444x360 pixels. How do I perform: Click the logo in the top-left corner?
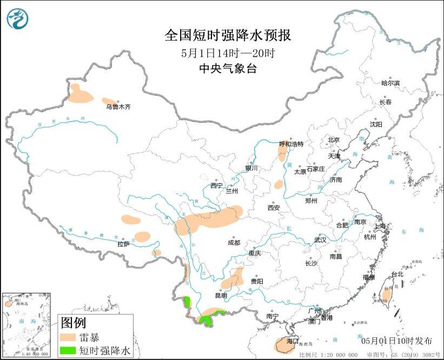(x=17, y=19)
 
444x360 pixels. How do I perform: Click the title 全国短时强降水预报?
(x=228, y=36)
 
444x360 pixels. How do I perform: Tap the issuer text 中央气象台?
(x=228, y=69)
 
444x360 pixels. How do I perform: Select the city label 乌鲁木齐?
(x=118, y=107)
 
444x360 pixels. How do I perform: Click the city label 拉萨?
(x=123, y=244)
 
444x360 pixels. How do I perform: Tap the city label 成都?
(x=234, y=243)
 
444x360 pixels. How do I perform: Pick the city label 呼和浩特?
(x=291, y=144)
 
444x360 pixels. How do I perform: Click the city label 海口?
(x=293, y=342)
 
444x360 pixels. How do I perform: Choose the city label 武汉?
(x=321, y=240)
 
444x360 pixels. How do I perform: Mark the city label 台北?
(x=397, y=274)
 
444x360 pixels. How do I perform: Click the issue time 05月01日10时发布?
(x=396, y=341)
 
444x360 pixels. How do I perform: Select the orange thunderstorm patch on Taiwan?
(x=387, y=294)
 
